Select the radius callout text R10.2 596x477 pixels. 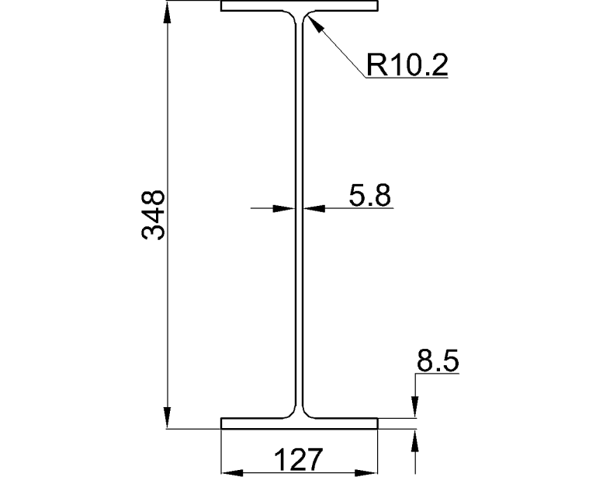407,65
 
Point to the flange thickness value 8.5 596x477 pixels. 438,361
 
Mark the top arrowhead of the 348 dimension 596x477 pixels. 167,11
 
